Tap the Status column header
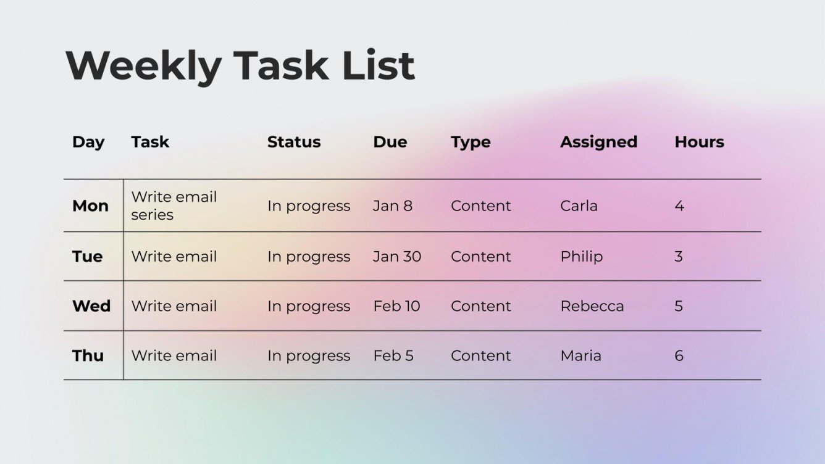click(x=293, y=142)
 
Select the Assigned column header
click(x=598, y=142)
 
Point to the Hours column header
click(x=699, y=142)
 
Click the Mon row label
click(x=90, y=206)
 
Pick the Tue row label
click(x=88, y=257)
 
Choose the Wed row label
click(x=91, y=306)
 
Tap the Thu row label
click(x=88, y=356)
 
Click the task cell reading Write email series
click(x=174, y=206)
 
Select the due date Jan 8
click(x=392, y=206)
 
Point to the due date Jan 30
click(x=396, y=257)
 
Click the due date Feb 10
click(x=396, y=306)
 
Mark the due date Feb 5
click(x=393, y=356)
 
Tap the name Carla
click(x=579, y=206)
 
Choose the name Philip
click(x=581, y=257)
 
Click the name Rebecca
click(x=592, y=306)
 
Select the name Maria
click(x=580, y=356)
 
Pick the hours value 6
click(x=679, y=356)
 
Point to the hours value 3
click(x=679, y=257)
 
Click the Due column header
click(x=390, y=142)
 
